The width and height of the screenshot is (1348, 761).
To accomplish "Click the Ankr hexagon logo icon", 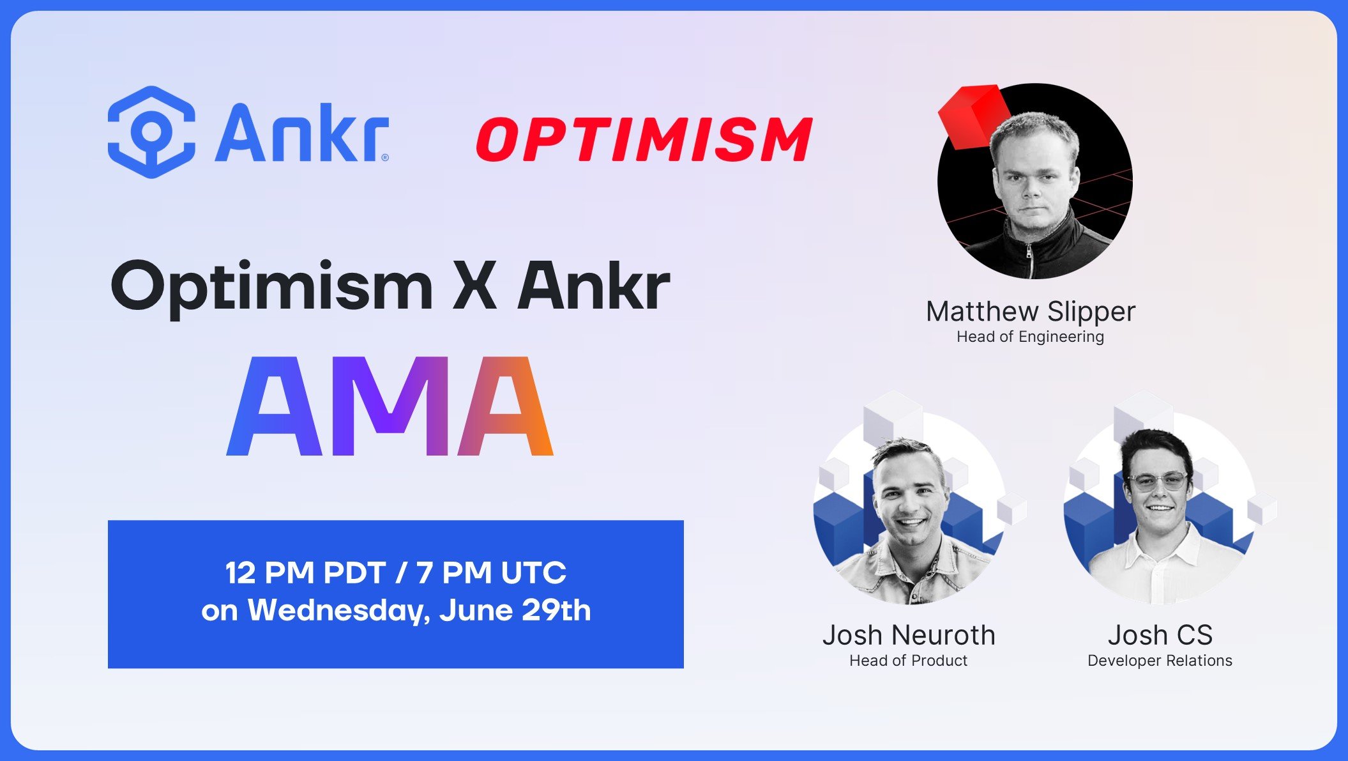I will point(151,132).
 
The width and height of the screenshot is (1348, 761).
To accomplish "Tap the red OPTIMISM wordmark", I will point(644,139).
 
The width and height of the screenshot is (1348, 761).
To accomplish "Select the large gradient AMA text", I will point(390,407).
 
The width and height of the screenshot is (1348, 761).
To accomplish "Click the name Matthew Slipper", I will point(1030,312).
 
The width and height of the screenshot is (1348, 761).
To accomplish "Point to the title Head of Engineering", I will point(1030,337).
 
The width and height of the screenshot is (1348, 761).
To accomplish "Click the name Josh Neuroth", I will point(909,635).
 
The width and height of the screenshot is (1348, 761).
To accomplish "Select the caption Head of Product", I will point(908,661).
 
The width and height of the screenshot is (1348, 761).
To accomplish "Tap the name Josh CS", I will point(1160,635).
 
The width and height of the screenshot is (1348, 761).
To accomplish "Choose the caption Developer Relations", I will point(1160,661).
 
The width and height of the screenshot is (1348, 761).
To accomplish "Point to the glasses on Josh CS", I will point(1158,480).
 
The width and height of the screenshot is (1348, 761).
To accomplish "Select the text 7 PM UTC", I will point(491,573).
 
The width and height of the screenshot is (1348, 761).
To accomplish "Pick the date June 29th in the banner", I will point(515,611).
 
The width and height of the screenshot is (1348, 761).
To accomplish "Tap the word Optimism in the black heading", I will point(272,287).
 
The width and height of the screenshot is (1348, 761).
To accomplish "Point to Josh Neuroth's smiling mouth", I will point(912,522).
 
